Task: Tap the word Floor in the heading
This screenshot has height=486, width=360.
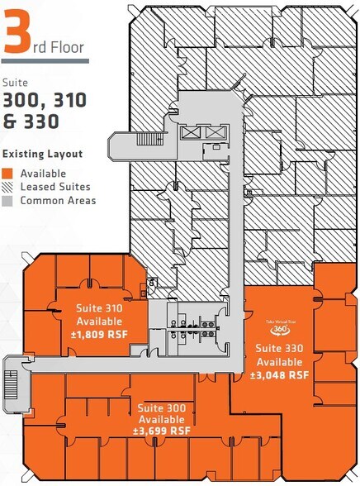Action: click(x=66, y=47)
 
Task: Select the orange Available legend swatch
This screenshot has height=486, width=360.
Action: click(x=9, y=174)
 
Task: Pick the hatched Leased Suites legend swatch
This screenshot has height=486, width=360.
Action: click(x=9, y=187)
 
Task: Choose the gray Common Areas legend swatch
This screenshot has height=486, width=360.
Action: click(x=9, y=200)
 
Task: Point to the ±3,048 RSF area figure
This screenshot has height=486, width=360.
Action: click(x=280, y=374)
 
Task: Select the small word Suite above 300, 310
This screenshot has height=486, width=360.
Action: click(x=15, y=83)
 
